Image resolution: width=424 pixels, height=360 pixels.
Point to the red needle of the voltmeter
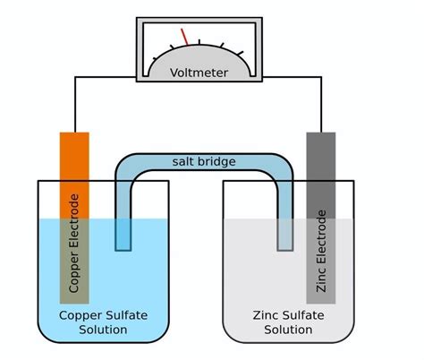186,37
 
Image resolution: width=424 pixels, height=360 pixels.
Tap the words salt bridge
204,161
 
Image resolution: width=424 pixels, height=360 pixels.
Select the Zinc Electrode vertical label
321,252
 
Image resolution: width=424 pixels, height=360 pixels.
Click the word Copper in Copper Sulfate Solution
80,315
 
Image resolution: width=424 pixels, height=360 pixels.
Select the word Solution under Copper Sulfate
102,330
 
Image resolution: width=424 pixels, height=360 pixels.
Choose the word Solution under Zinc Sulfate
287,330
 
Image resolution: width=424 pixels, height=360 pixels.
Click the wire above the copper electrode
74,107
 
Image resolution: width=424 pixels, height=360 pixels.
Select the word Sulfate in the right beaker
304,315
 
